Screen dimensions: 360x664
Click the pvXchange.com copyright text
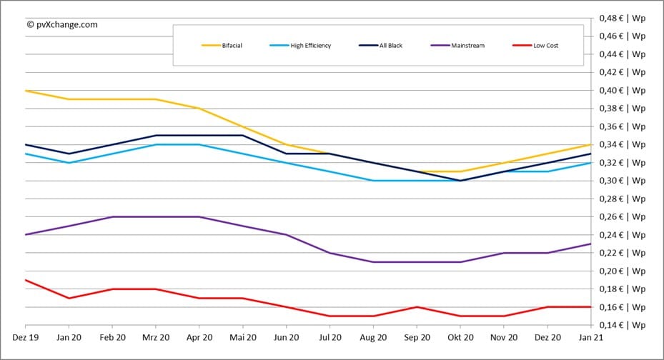pos(62,24)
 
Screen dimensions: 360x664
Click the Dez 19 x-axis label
pos(26,337)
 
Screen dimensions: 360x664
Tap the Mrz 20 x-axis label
pos(156,337)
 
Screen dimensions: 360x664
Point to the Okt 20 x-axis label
pos(460,337)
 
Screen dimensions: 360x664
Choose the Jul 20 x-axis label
pos(330,337)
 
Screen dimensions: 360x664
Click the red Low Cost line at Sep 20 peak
pos(417,307)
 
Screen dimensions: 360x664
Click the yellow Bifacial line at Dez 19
pos(26,91)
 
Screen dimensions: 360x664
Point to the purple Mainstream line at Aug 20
pos(374,262)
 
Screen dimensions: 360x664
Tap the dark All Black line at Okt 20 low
pos(460,181)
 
